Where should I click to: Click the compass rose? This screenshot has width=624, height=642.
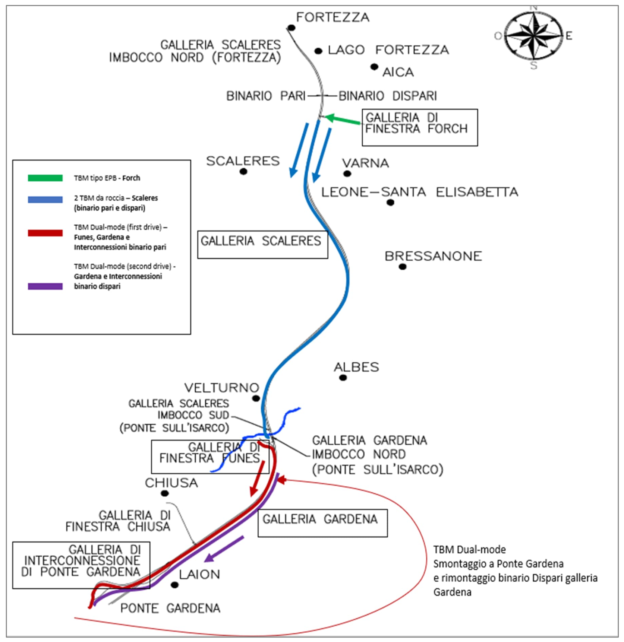(534, 36)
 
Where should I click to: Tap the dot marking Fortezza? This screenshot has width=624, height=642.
(291, 28)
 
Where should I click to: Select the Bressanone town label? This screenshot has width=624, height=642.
(433, 256)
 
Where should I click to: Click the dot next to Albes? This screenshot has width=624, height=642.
(343, 378)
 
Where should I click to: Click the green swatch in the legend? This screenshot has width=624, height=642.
(45, 178)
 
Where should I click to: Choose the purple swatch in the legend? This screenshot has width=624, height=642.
(45, 286)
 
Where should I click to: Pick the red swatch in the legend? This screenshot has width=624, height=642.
(45, 233)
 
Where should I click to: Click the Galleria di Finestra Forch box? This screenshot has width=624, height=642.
(420, 127)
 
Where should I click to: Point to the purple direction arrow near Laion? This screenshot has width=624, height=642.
(224, 549)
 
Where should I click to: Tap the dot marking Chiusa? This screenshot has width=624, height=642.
(165, 493)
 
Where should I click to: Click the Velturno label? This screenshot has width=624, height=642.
(221, 388)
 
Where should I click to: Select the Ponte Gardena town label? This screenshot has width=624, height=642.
(170, 608)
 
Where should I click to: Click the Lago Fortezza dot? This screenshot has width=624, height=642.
(318, 51)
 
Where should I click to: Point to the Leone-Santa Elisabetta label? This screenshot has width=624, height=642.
(420, 192)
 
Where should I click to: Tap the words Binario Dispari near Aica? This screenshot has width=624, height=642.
(388, 96)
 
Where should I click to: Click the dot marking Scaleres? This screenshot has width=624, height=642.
(243, 172)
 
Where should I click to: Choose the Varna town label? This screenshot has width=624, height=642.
(365, 163)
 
